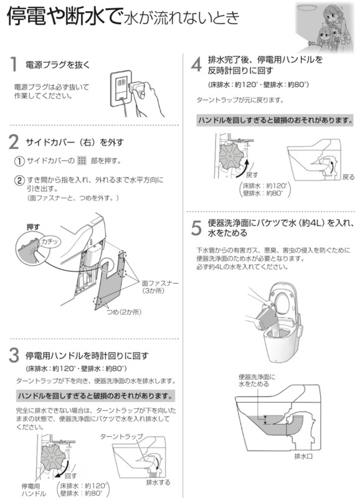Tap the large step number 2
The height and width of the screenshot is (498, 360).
point(14,143)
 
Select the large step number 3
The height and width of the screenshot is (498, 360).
point(14,355)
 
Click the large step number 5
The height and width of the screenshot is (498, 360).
point(196,228)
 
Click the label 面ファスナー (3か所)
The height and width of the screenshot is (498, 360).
point(160,286)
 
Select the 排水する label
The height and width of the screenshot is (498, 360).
point(158,482)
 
